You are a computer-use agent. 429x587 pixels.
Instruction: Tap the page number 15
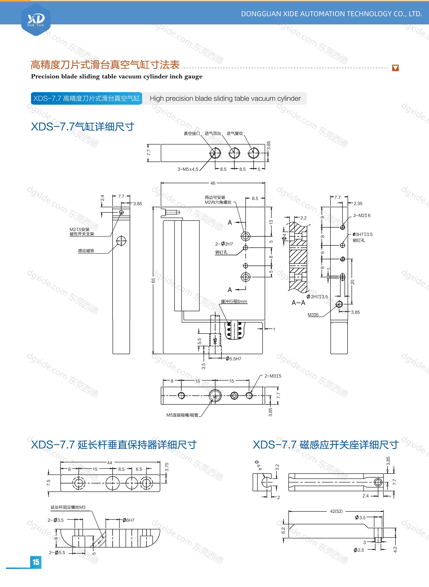tap(36, 562)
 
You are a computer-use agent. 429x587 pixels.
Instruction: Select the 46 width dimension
tap(213, 183)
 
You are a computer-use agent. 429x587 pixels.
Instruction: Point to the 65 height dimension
tap(153, 281)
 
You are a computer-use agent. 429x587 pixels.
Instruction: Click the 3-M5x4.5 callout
tap(188, 169)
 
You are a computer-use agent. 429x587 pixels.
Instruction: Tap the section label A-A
tap(298, 303)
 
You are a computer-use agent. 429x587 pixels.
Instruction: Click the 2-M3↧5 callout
tap(273, 376)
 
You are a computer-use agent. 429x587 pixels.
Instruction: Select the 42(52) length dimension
tap(336, 511)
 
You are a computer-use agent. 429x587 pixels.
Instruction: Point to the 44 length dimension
tap(110, 463)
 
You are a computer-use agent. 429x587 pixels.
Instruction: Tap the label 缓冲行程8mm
tap(234, 301)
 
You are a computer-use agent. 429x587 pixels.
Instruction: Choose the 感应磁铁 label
tap(86, 251)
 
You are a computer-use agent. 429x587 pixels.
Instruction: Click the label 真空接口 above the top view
tap(192, 133)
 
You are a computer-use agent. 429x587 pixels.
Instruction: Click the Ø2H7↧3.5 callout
tap(317, 297)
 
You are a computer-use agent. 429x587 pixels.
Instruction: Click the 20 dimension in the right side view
tap(353, 282)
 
